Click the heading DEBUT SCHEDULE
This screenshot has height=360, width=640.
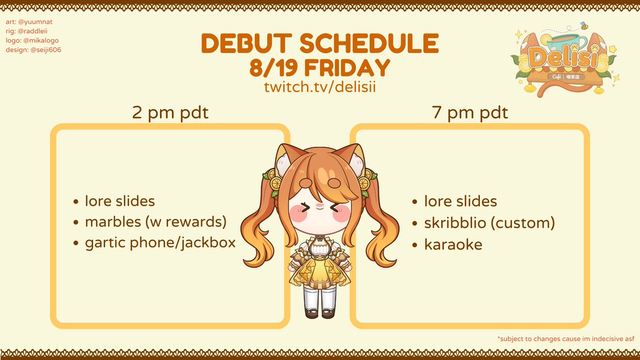[319, 43]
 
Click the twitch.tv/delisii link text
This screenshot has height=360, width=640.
[319, 86]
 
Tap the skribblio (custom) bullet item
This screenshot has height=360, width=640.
[489, 223]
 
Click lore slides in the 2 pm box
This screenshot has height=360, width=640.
[119, 201]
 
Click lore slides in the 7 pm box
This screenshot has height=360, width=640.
[460, 202]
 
